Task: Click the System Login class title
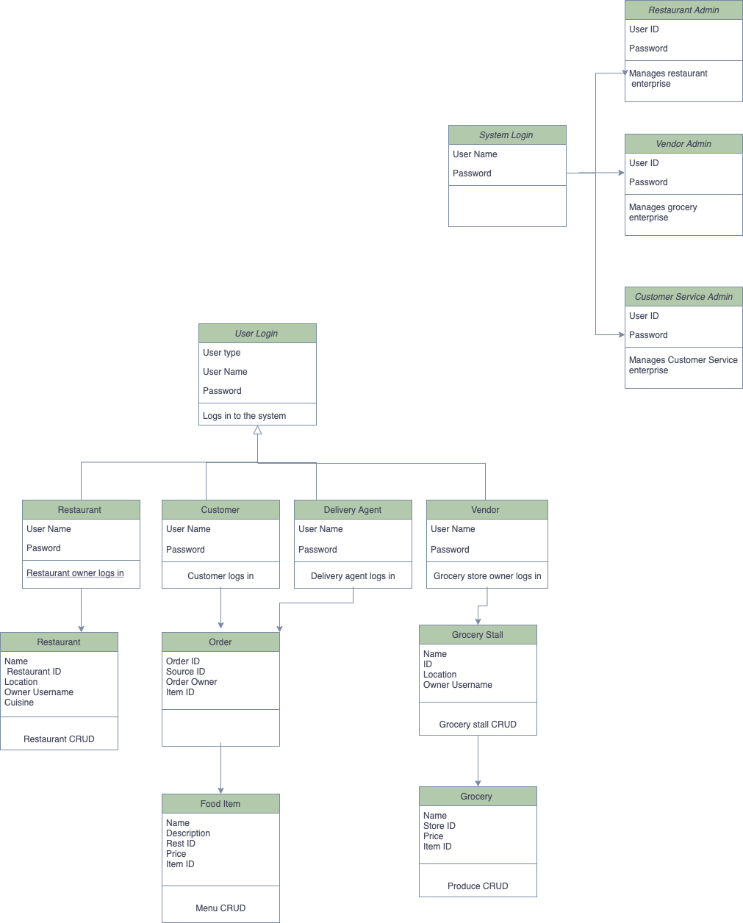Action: (x=506, y=135)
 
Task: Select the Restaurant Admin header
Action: (x=683, y=10)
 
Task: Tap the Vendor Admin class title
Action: (x=683, y=144)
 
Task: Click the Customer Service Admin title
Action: (x=683, y=297)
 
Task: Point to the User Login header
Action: (x=256, y=334)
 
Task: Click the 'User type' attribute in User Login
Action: (x=222, y=353)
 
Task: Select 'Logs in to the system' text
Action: (x=245, y=416)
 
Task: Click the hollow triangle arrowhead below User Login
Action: (x=257, y=431)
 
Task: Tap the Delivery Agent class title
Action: (x=353, y=510)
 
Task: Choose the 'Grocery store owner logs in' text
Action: (x=487, y=576)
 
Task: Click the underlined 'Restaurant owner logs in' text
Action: (x=75, y=573)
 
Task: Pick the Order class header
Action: (x=220, y=642)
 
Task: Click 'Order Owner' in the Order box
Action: (x=192, y=682)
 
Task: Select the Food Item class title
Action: (x=220, y=804)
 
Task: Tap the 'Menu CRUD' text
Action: (x=220, y=908)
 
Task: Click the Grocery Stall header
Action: (x=478, y=635)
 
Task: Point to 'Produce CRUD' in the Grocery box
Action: (x=478, y=886)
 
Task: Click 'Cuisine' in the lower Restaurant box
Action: (x=19, y=703)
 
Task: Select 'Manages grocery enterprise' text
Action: (x=663, y=212)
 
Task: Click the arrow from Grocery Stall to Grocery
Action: (x=478, y=761)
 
